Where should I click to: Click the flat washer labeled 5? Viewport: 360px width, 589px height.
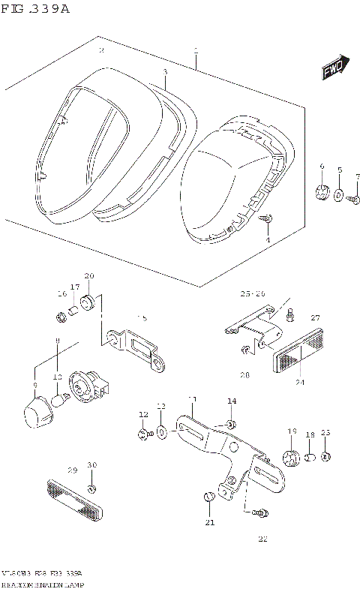338,196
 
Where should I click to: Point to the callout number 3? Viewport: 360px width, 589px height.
165,72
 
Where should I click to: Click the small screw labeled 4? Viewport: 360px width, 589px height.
267,219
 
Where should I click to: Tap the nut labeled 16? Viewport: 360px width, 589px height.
62,315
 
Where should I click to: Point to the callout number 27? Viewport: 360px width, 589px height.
315,318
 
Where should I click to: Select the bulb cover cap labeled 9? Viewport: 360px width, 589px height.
37,412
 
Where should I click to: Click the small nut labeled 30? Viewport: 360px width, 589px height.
91,489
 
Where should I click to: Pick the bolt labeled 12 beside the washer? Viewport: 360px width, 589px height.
142,433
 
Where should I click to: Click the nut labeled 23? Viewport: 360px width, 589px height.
325,456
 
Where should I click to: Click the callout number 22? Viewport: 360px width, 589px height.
262,538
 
